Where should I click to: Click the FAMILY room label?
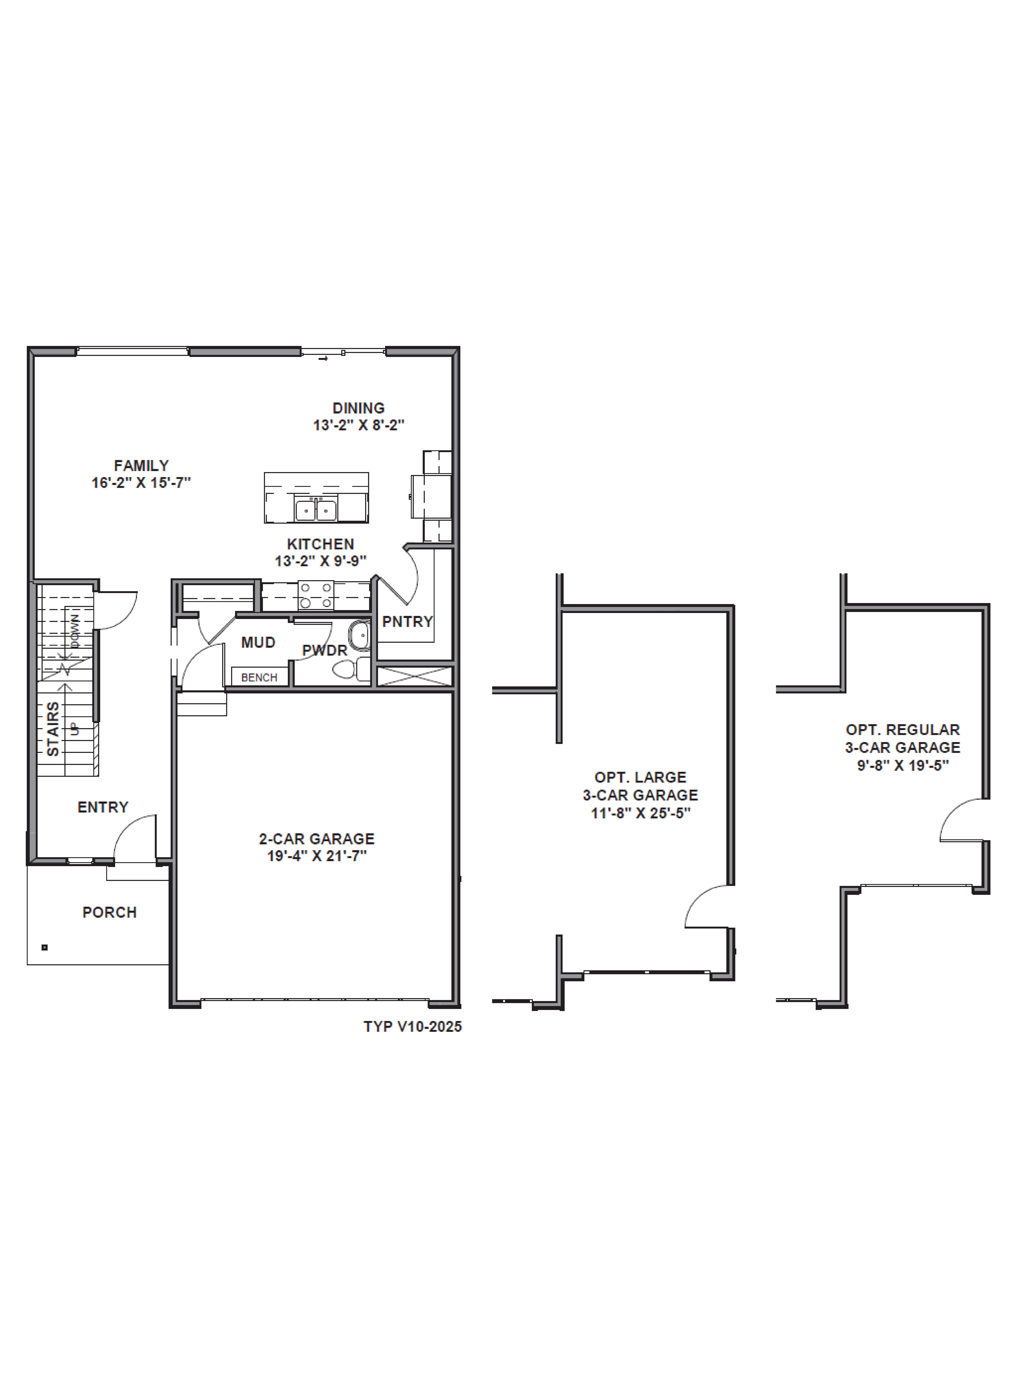tap(141, 466)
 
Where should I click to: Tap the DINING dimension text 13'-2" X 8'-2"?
tap(359, 425)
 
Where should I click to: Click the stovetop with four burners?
tap(316, 595)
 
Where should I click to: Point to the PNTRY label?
tap(407, 621)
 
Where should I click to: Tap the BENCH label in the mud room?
tap(259, 677)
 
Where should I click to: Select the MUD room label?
tap(258, 642)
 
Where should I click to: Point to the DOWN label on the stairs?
tap(75, 631)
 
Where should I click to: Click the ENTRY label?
tap(103, 807)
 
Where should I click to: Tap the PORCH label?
tap(109, 912)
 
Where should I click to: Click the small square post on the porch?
tap(44, 947)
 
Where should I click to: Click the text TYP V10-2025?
tap(413, 1026)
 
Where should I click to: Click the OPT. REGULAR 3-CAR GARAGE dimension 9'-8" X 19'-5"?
tap(902, 765)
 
